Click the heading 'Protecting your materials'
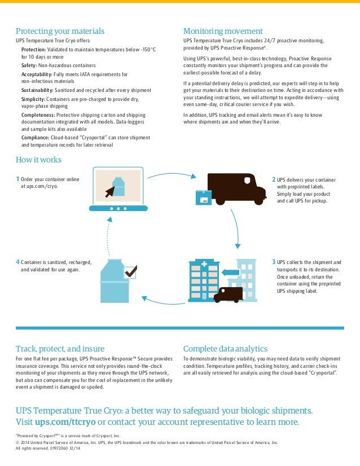60,31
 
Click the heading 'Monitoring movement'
223,31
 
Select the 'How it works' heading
38,160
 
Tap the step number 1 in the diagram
17,179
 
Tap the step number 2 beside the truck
274,179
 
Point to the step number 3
274,262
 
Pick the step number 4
17,262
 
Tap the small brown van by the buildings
228,293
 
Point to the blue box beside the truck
203,197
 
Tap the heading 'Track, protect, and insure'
60,349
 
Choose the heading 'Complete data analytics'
226,349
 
